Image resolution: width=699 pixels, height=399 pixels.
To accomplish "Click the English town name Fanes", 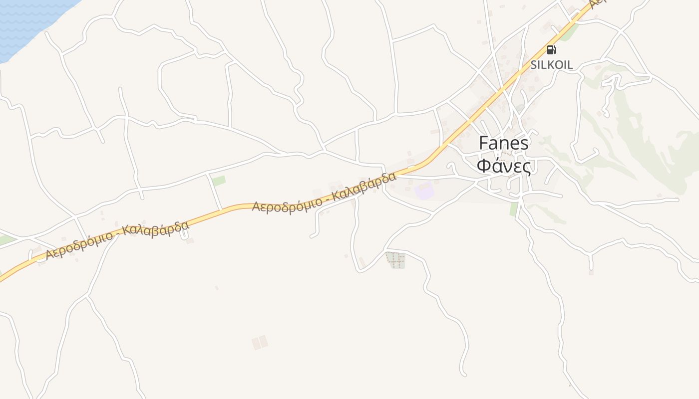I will pyautogui.click(x=503, y=143).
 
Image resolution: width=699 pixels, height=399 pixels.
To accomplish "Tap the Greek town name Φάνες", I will pyautogui.click(x=503, y=166).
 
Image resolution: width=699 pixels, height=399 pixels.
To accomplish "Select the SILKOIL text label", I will pyautogui.click(x=551, y=65).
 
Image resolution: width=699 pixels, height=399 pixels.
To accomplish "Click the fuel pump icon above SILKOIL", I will pyautogui.click(x=551, y=49).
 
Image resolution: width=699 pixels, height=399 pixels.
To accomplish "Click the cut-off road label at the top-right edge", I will pyautogui.click(x=597, y=4).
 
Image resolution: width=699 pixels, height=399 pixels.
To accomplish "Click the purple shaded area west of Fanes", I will pyautogui.click(x=424, y=192).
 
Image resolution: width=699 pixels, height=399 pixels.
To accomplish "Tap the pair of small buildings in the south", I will pyautogui.click(x=260, y=343).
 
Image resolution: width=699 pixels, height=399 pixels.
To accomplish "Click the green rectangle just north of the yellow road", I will pyautogui.click(x=219, y=181).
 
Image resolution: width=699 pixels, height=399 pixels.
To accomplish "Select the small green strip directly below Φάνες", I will pyautogui.click(x=513, y=209).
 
